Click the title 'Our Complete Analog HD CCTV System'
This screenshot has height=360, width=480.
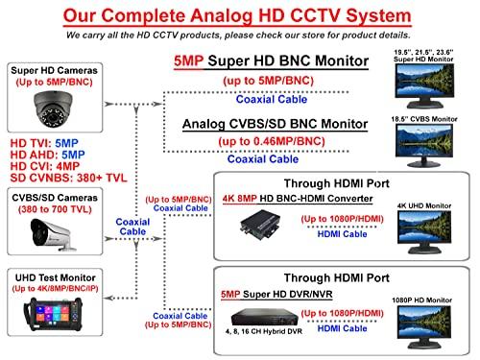click(x=240, y=16)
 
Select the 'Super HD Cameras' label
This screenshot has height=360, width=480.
click(x=48, y=72)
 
